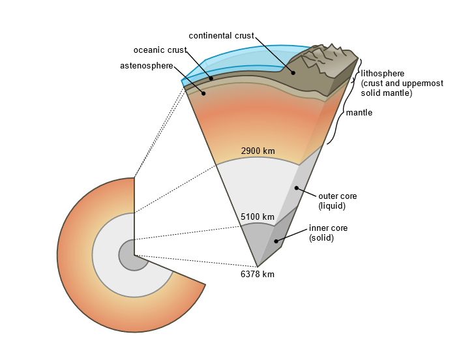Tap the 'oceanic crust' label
160,50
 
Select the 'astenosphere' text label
147,66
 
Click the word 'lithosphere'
383,74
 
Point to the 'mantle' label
359,113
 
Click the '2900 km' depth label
258,151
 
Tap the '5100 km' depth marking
258,217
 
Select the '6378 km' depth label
258,275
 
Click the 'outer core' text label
337,196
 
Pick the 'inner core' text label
328,228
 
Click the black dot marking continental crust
293,72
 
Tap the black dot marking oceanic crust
211,78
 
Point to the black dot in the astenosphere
203,93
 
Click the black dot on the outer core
296,188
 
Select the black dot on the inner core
276,241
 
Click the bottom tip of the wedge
258,266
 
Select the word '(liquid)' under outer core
332,205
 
